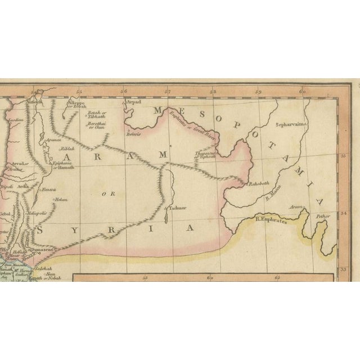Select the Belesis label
click(134, 136)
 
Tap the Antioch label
click(37, 102)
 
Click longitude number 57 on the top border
click(168, 91)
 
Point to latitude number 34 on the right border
click(344, 214)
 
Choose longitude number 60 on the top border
click(301, 91)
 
